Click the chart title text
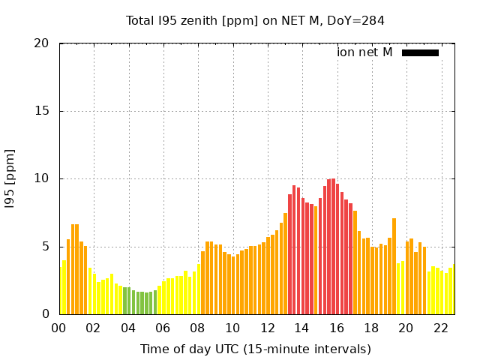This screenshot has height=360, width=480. click(x=255, y=20)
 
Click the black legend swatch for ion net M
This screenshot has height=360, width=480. click(x=420, y=52)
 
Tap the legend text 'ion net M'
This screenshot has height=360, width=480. click(x=364, y=52)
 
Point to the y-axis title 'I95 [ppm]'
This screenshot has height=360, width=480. click(x=10, y=179)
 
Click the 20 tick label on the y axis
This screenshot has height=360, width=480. click(x=42, y=43)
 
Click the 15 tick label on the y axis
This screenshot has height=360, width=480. click(x=42, y=111)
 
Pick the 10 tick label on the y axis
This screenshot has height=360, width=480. click(x=42, y=179)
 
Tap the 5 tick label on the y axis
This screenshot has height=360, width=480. click(x=46, y=247)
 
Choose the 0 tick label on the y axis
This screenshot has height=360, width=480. click(x=46, y=314)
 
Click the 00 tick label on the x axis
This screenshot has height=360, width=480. click(x=59, y=328)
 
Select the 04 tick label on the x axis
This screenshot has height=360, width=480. click(x=129, y=328)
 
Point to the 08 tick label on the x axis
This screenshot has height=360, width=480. click(x=198, y=328)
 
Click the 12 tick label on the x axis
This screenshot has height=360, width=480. click(x=268, y=328)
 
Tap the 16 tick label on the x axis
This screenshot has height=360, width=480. click(x=337, y=328)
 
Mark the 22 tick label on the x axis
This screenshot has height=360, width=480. click(x=441, y=328)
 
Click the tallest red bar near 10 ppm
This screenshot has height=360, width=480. click(x=333, y=247)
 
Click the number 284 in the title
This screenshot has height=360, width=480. click(x=373, y=20)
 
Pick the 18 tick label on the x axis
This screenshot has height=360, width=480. click(x=372, y=328)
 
